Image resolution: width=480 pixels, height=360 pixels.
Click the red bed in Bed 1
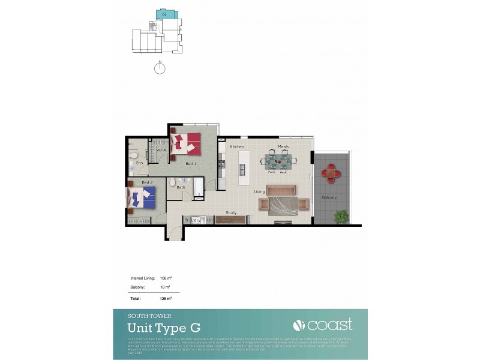pyautogui.click(x=186, y=144)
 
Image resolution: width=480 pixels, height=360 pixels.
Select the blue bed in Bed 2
pyautogui.click(x=142, y=196)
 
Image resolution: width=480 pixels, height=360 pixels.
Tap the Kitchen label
pyautogui.click(x=236, y=146)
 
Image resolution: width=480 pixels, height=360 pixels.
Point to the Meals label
pyautogui.click(x=283, y=146)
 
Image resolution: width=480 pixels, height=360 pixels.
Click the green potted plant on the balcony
pyautogui.click(x=341, y=216)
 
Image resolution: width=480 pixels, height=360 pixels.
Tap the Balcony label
pyautogui.click(x=329, y=197)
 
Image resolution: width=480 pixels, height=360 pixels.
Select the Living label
pyautogui.click(x=259, y=192)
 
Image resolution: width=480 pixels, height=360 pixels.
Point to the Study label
pyautogui.click(x=231, y=212)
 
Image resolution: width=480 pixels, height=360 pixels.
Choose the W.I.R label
pyautogui.click(x=161, y=150)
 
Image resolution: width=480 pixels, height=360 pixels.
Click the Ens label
pyautogui.click(x=139, y=163)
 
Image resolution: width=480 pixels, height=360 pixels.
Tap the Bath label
pyautogui.click(x=181, y=187)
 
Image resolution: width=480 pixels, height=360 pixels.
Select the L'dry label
pyautogui.click(x=196, y=220)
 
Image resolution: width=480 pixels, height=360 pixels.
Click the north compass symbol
pyautogui.click(x=160, y=68)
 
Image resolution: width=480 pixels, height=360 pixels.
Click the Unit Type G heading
pyautogui.click(x=164, y=328)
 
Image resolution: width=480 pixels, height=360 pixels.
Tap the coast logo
pyautogui.click(x=322, y=325)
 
